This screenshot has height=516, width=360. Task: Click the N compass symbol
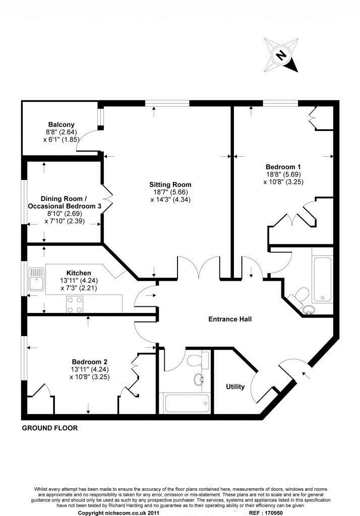[x=281, y=55]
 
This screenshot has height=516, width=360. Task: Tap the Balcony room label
[x=61, y=124]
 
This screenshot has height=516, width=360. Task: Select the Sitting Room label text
[x=170, y=184]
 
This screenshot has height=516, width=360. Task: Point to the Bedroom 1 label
[x=283, y=166]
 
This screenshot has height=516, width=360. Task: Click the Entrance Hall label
[x=230, y=319]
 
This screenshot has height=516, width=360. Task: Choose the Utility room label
[x=235, y=387]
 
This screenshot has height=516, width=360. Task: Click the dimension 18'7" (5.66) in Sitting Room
[x=170, y=192]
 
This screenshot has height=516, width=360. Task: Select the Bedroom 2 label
[x=89, y=362]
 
